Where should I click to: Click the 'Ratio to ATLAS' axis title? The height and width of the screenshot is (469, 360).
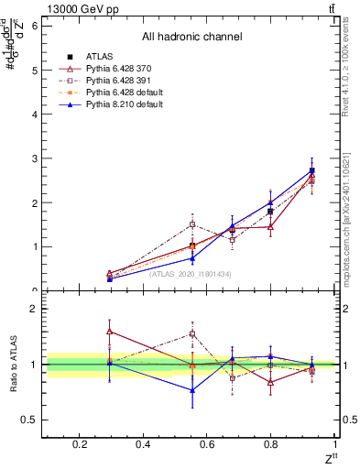pyautogui.click(x=13, y=365)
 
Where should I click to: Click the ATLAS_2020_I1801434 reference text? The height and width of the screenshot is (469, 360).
pyautogui.click(x=191, y=274)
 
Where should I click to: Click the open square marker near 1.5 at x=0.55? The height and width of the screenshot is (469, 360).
pyautogui.click(x=191, y=224)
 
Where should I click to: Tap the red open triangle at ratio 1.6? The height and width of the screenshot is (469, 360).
pyautogui.click(x=110, y=332)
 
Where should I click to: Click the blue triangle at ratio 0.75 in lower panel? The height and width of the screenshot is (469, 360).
pyautogui.click(x=191, y=390)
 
